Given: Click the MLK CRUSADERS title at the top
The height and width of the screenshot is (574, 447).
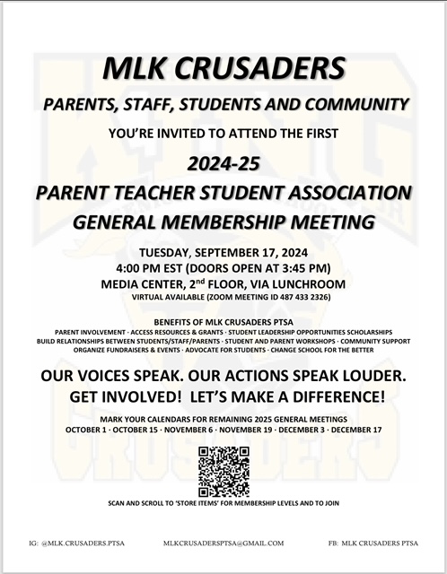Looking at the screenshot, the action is (223, 68).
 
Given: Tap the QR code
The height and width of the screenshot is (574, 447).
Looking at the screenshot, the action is (223, 471).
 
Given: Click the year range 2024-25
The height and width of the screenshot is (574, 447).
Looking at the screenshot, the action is (223, 164).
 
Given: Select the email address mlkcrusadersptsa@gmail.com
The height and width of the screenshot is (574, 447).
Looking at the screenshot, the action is (223, 543).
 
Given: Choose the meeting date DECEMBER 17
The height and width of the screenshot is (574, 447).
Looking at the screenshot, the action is (355, 430).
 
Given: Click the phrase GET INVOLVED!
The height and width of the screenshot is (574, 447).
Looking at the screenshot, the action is (119, 396).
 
